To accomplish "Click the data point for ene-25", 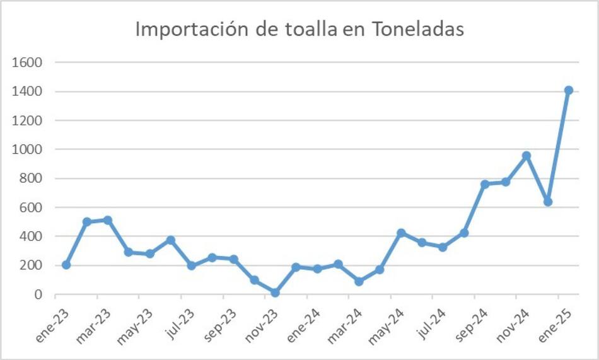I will pos(568,91).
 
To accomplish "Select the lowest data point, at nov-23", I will pos(275,293).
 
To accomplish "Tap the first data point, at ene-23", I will pos(66,265).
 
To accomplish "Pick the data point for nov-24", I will pos(526,155).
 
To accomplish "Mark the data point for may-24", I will pos(401,233).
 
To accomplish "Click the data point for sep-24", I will pos(485,184).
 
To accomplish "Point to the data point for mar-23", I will pos(108,220).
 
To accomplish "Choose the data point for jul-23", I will pos(192,265).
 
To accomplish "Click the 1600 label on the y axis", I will pos(29,62).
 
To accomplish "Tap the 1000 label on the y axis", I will pos(29,149).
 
